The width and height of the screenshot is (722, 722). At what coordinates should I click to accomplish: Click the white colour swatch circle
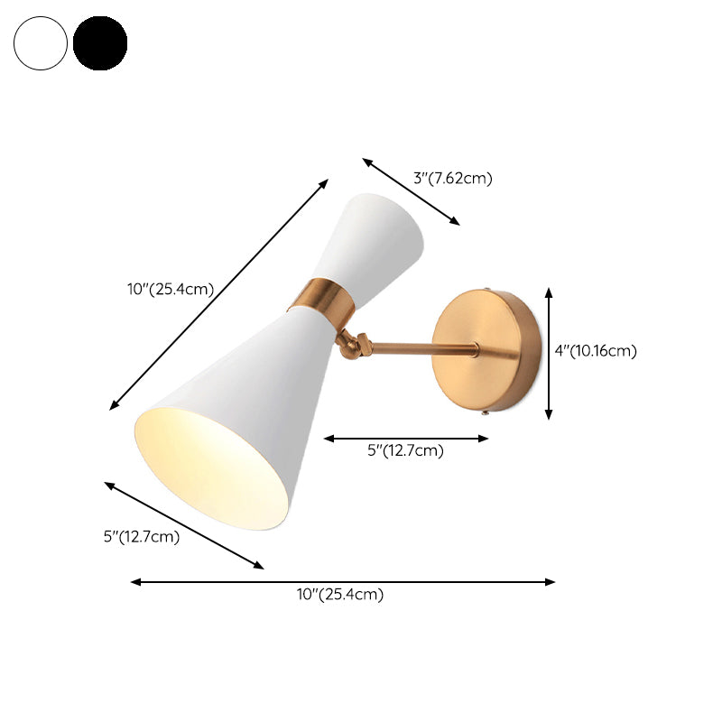[x=41, y=42]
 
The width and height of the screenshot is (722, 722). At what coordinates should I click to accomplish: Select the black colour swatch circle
[x=100, y=42]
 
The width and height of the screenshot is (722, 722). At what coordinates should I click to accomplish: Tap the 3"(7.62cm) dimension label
[x=453, y=178]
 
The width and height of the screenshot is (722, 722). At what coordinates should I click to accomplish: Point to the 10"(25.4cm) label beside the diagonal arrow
[x=170, y=290]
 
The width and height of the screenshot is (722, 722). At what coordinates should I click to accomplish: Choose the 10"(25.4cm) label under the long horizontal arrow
[x=341, y=594]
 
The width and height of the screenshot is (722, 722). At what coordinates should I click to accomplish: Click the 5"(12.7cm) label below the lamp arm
[x=405, y=451]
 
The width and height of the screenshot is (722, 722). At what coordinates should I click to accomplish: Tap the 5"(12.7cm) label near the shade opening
[x=142, y=537]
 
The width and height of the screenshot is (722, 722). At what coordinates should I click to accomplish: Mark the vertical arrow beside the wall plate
[x=549, y=353]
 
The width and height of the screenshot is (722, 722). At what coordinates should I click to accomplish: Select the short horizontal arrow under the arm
[x=406, y=439]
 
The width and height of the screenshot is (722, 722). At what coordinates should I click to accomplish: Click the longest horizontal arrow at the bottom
[x=343, y=582]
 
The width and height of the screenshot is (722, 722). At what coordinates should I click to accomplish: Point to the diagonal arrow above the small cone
[x=412, y=191]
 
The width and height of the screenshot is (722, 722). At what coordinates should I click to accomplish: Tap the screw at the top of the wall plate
[x=488, y=291]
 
